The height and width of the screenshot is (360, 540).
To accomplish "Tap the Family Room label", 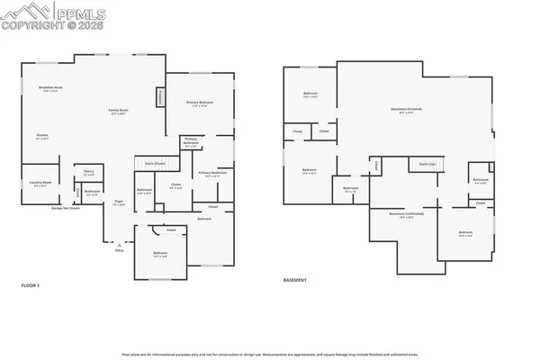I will click(x=118, y=112).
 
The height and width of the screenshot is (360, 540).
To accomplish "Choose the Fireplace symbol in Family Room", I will click(x=162, y=96).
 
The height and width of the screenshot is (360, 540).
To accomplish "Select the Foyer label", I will click(x=118, y=203).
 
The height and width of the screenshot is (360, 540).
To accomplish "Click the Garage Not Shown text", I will click(x=67, y=208).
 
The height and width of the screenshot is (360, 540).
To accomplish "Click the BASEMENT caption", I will click(x=295, y=280).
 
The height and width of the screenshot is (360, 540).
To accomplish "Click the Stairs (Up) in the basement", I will click(x=428, y=164).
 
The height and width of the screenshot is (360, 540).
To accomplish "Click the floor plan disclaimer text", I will click(x=269, y=355).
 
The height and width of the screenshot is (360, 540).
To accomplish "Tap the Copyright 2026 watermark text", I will click(x=40, y=26).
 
